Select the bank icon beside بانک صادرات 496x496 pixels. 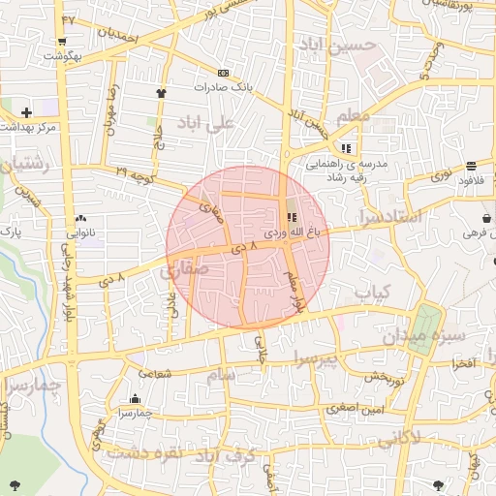click(x=224, y=74)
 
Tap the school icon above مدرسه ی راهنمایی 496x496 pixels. click(x=346, y=148)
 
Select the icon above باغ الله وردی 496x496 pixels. click(x=293, y=217)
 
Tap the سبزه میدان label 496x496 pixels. click(x=422, y=337)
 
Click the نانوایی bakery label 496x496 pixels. click(x=81, y=232)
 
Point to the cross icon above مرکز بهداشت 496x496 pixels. click(x=25, y=112)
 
